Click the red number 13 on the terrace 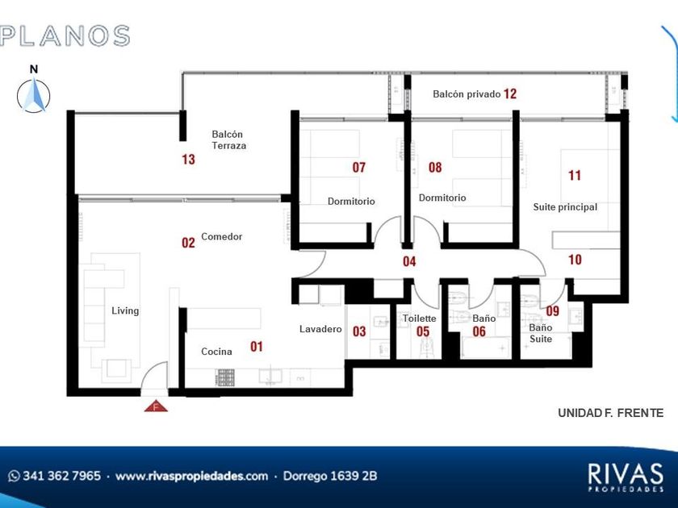tap(189, 160)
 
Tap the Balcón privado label tap(467, 94)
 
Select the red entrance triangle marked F tap(156, 406)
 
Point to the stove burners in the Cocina tap(226, 377)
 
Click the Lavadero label tap(320, 329)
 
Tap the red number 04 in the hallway tap(409, 261)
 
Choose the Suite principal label tap(565, 207)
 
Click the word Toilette tap(420, 319)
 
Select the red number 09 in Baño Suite tap(553, 310)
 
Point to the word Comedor tap(221, 237)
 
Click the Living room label tap(125, 311)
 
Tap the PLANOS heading tap(65, 35)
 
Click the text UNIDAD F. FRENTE tap(610, 413)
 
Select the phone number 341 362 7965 tap(61, 476)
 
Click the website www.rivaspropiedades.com tap(191, 476)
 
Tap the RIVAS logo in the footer tap(626, 477)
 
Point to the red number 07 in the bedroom tap(359, 167)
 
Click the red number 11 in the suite tap(574, 176)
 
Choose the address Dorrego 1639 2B tap(330, 476)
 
